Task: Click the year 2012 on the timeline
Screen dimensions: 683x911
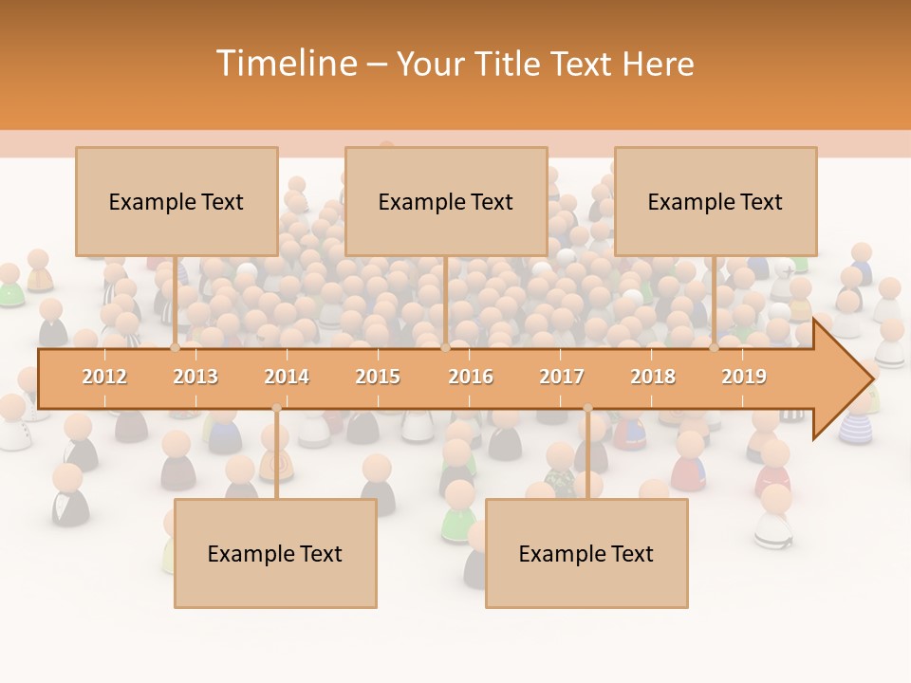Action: tap(104, 377)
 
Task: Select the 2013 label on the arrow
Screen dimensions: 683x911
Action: tap(195, 377)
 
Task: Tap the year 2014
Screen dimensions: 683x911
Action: tap(287, 377)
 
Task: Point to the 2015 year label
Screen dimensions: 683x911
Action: tap(378, 377)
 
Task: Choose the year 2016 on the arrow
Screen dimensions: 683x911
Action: tap(471, 377)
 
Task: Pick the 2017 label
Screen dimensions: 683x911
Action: tap(562, 377)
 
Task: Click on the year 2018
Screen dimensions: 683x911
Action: tap(653, 377)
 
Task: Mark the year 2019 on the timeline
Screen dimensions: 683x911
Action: tap(744, 377)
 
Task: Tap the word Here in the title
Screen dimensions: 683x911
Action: tap(658, 64)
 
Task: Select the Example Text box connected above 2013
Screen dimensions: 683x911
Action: tap(177, 201)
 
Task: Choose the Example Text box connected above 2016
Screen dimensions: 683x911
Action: tap(446, 201)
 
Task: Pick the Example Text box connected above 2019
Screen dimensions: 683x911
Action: tap(716, 201)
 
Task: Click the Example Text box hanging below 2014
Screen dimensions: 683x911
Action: tap(275, 553)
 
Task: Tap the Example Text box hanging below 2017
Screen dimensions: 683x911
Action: tap(586, 553)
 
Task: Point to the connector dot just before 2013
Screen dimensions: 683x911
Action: tap(176, 348)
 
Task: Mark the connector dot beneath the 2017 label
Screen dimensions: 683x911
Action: tap(587, 409)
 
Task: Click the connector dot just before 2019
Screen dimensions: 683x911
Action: tap(715, 348)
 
